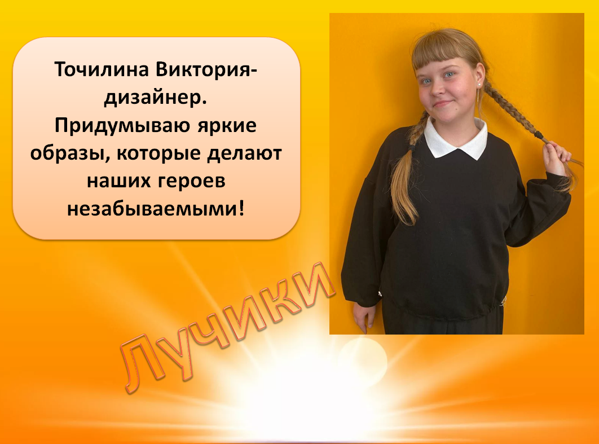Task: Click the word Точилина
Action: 101,69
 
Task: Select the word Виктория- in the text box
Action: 206,69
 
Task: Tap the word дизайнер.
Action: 156,98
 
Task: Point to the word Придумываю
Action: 122,126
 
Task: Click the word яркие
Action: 227,126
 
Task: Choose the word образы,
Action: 70,153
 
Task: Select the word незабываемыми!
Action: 156,209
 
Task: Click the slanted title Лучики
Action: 227,327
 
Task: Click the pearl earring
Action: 479,85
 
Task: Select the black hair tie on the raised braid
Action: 539,135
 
